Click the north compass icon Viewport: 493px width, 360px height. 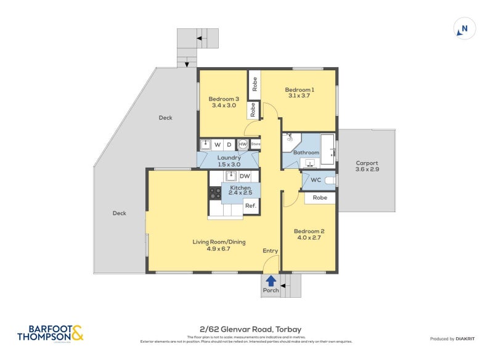(x=464, y=28)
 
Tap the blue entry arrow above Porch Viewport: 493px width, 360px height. (x=271, y=280)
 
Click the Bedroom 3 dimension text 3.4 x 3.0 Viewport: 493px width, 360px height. (x=223, y=105)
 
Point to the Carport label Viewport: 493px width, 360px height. (x=366, y=163)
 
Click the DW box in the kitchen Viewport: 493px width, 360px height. (x=245, y=176)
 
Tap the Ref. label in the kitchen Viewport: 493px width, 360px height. (x=250, y=206)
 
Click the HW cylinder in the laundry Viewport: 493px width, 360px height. (x=243, y=144)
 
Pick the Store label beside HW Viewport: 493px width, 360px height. (x=255, y=144)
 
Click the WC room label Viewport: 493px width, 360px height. (x=316, y=180)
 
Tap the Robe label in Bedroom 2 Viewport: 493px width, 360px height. (x=320, y=198)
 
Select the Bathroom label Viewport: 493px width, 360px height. (x=306, y=152)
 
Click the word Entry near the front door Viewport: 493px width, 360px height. (x=270, y=250)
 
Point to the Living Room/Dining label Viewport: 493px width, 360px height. (x=219, y=242)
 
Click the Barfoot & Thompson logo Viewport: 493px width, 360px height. (x=49, y=333)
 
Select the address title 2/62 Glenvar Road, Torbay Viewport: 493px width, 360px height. (x=246, y=329)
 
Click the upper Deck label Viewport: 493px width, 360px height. (x=165, y=118)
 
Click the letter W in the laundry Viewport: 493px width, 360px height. (x=217, y=145)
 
